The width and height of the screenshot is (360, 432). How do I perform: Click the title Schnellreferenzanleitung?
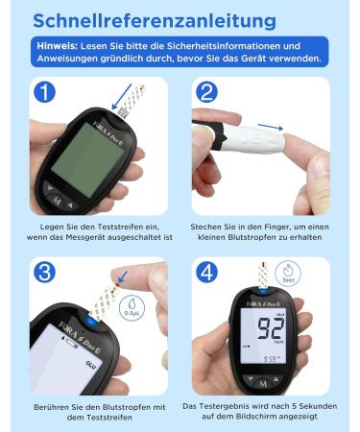coord(155,21)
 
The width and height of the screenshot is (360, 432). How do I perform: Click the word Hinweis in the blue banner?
coord(57,46)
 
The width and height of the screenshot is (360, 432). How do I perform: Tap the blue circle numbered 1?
coord(44,92)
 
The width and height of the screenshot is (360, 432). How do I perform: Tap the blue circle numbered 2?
coord(206,92)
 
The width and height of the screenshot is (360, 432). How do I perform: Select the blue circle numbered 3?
coord(44,273)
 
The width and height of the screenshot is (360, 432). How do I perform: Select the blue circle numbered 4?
coord(206,273)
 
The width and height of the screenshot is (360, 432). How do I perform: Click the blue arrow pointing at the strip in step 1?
coord(122,97)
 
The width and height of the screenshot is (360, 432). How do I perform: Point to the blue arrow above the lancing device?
coord(271,127)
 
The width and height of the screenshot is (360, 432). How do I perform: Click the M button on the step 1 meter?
coord(57,201)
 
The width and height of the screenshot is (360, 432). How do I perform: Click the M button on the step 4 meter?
coord(263,383)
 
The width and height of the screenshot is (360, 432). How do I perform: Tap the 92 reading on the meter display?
coord(271,328)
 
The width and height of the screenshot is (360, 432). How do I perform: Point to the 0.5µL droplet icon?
coord(132,308)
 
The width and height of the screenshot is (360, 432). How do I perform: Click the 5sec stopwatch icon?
coord(288,274)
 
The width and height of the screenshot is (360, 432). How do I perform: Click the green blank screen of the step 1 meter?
coord(87,159)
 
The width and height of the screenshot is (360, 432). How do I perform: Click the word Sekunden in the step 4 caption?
coord(317,406)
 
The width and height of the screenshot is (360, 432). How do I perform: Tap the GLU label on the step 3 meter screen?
coord(90,364)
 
